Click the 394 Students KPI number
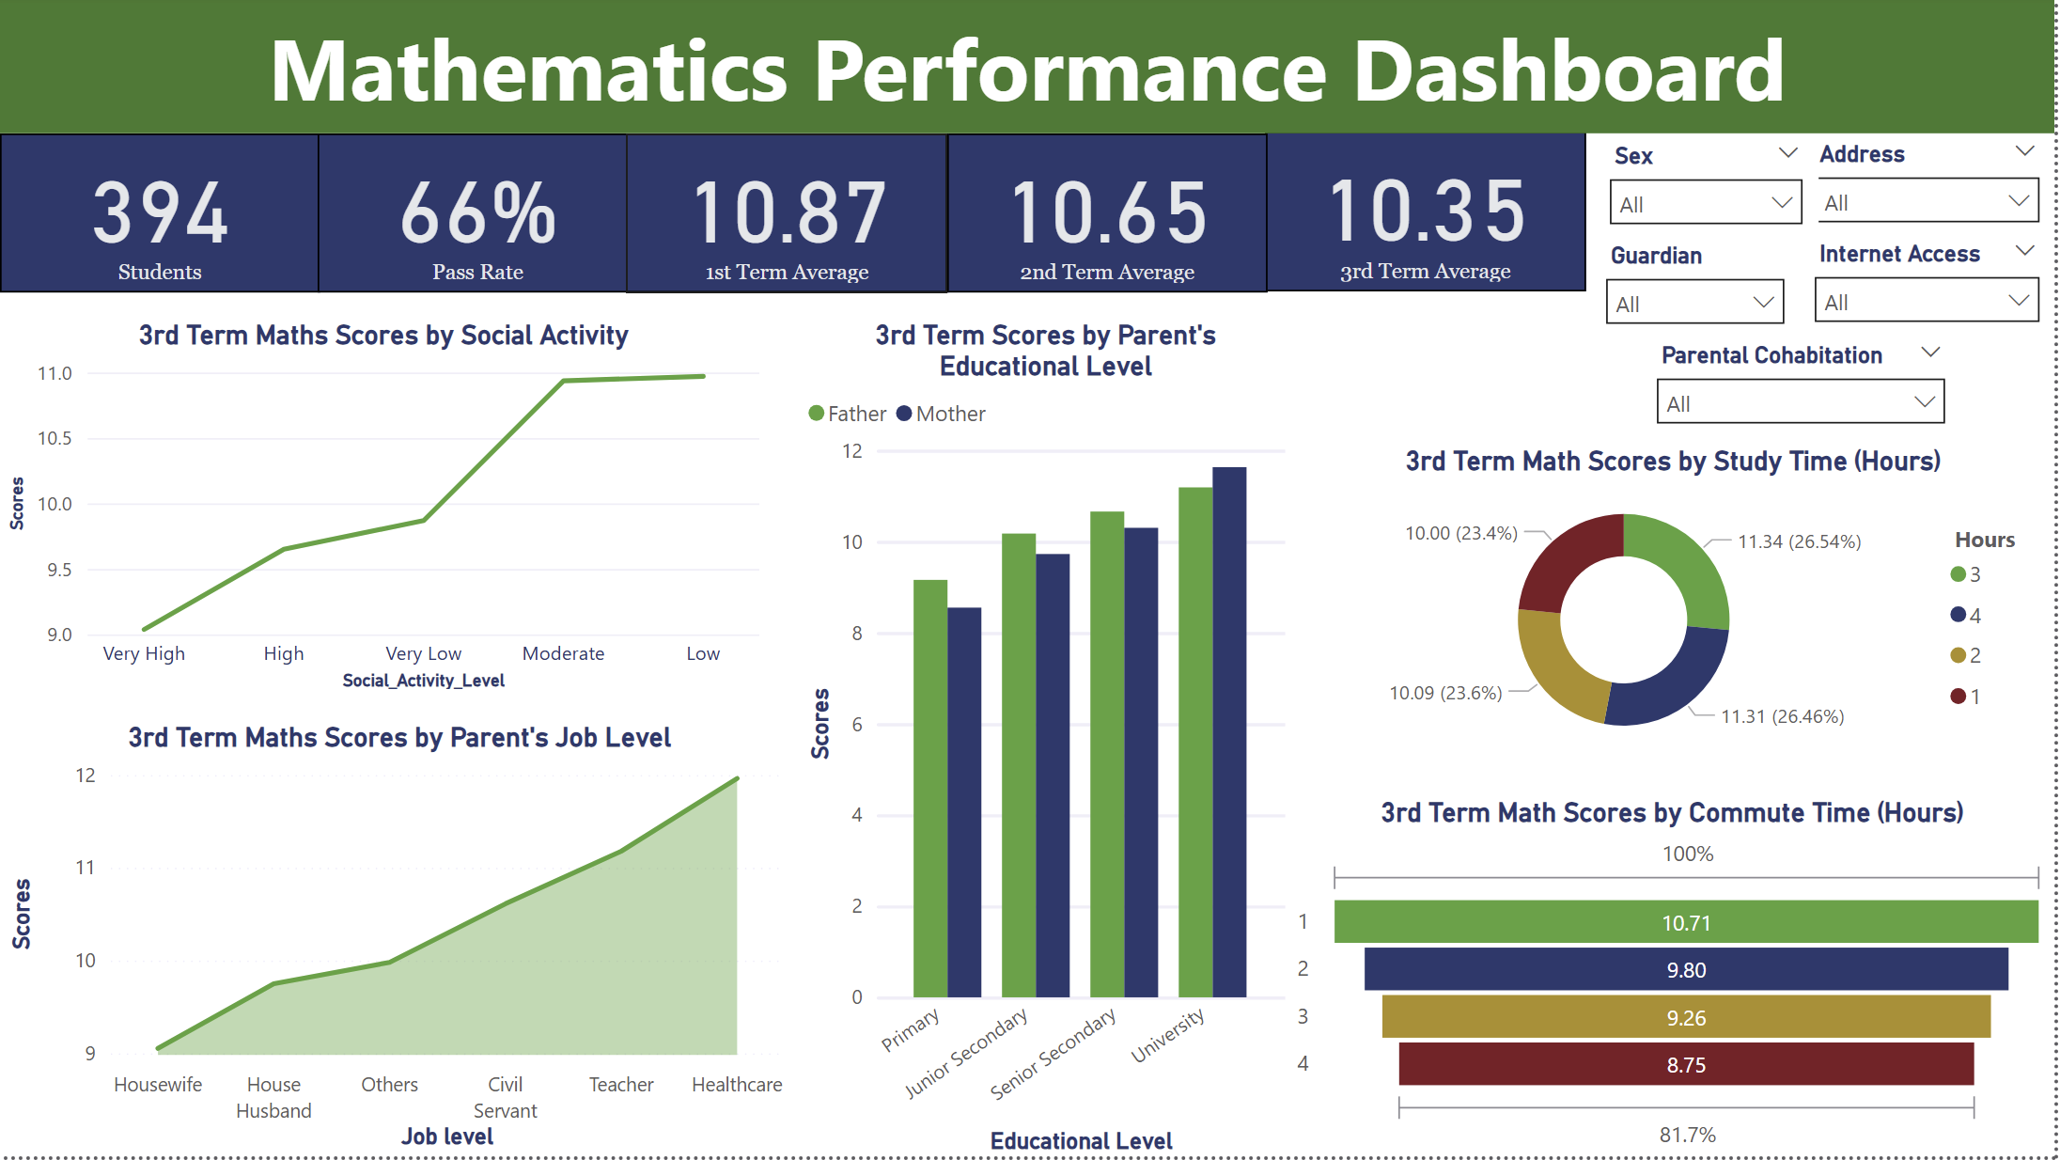pos(160,213)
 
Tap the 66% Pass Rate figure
pos(477,213)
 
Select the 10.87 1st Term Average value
pos(788,213)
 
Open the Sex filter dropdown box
pos(1705,202)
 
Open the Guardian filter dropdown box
pos(1694,302)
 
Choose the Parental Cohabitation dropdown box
pos(1800,401)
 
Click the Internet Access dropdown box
pos(1927,300)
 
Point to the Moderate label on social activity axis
pos(563,653)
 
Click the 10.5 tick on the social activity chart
pos(55,438)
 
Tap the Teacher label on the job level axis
pos(621,1085)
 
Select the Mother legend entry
pos(941,414)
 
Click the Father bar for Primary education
pos(930,789)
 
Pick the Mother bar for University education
pos(1229,732)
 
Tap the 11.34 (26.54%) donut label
pos(1799,541)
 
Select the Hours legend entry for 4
pos(1965,615)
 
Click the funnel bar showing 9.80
pos(1686,969)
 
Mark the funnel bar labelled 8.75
pos(1686,1064)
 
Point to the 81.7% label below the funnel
pos(1687,1135)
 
